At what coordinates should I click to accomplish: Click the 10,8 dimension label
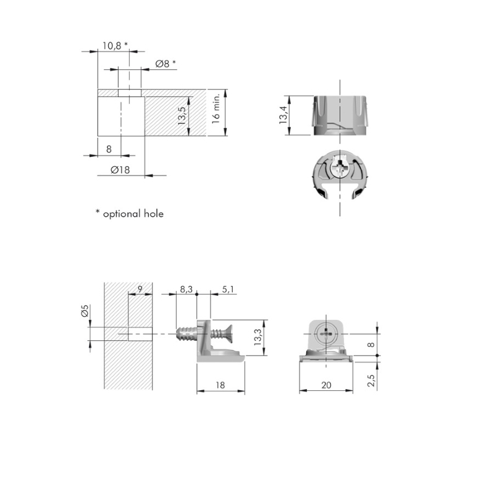pyautogui.click(x=112, y=46)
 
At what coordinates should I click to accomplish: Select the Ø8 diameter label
pyautogui.click(x=162, y=64)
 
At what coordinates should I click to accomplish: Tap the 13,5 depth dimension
pyautogui.click(x=182, y=115)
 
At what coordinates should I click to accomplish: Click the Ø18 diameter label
pyautogui.click(x=120, y=170)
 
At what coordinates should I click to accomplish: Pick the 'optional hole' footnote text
pyautogui.click(x=133, y=214)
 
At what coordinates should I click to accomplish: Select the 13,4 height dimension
pyautogui.click(x=283, y=115)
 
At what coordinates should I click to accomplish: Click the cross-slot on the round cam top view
pyautogui.click(x=340, y=164)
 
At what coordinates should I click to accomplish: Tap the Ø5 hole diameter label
pyautogui.click(x=85, y=311)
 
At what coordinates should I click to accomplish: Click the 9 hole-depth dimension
pyautogui.click(x=140, y=289)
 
